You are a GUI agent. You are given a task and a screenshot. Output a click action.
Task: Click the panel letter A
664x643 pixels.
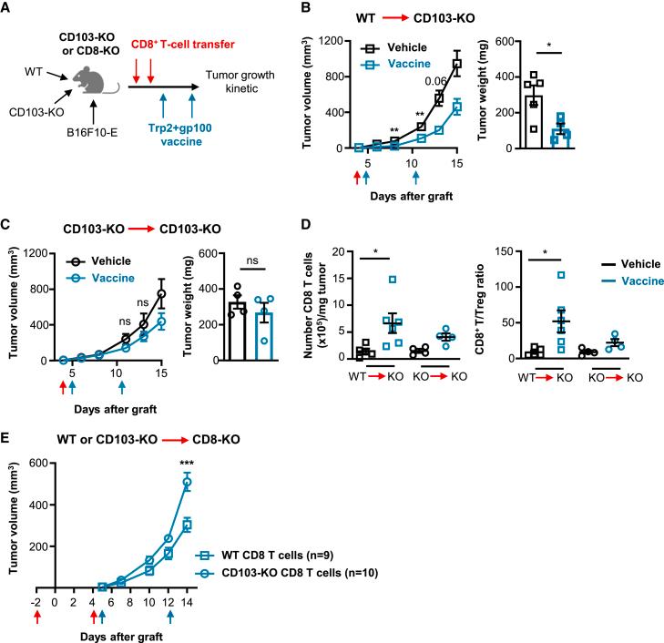8,10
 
